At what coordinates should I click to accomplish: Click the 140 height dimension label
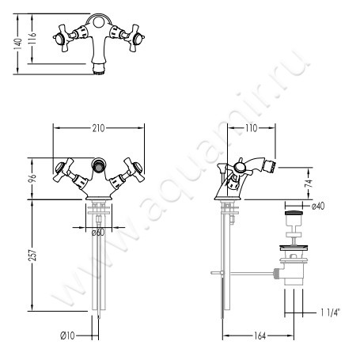18,44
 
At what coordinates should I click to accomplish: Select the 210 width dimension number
98,128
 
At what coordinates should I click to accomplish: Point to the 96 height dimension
32,179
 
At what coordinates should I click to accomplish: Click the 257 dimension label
32,255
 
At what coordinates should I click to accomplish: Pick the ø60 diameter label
98,233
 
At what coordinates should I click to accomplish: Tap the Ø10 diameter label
67,335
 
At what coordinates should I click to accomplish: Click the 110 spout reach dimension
251,128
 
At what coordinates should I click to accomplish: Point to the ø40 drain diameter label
318,206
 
